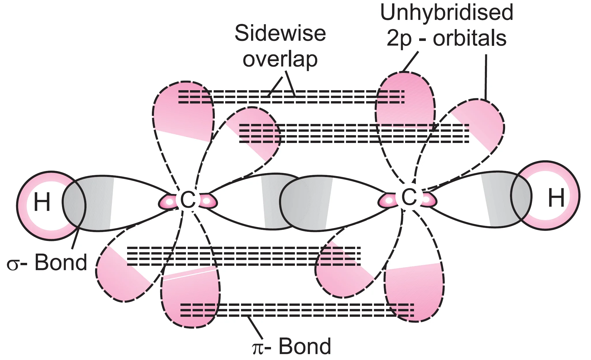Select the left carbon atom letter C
pos(188,199)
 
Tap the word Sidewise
pos(280,34)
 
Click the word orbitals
pos(470,38)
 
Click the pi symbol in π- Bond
pos(257,348)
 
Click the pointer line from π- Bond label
pos(255,328)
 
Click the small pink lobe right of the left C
pos(208,201)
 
